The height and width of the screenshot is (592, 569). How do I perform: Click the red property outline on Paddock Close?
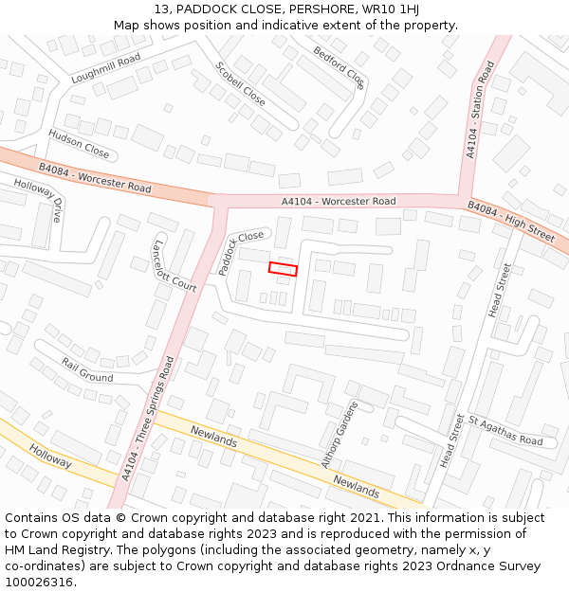(283, 269)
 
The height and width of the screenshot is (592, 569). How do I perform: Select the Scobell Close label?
(240, 83)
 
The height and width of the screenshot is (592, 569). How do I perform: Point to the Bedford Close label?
(339, 66)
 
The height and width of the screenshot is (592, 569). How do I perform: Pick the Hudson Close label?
(79, 143)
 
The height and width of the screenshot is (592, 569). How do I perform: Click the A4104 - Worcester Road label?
(339, 202)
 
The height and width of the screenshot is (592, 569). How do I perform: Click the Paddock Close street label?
(240, 252)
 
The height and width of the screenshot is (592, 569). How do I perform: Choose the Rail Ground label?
(87, 369)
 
